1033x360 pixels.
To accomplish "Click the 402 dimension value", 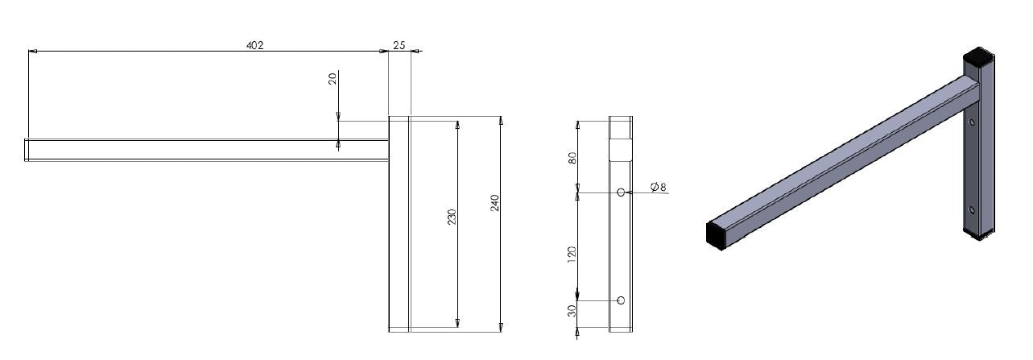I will pos(255,46).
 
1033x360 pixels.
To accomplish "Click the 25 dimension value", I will pos(399,46).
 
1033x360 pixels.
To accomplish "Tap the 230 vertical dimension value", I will pos(452,217).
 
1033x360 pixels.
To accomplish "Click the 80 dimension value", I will pos(572,156).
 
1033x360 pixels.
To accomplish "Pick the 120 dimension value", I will pos(572,253).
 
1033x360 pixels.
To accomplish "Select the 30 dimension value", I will pos(572,311).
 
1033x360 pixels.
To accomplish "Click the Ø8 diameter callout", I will pos(659,188).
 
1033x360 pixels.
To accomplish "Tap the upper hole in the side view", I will pos(621,192).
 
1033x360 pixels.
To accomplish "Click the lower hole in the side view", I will pos(620,300).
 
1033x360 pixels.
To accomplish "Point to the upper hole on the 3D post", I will pos(973,123).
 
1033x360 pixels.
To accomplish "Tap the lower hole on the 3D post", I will pos(972,210).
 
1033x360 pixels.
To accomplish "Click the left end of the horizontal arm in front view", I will pos(27,150).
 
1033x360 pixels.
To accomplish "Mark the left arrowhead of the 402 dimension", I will pos(32,52).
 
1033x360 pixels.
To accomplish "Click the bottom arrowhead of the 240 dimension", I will pos(501,326).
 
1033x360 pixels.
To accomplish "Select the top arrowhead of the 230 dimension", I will pos(457,125).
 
